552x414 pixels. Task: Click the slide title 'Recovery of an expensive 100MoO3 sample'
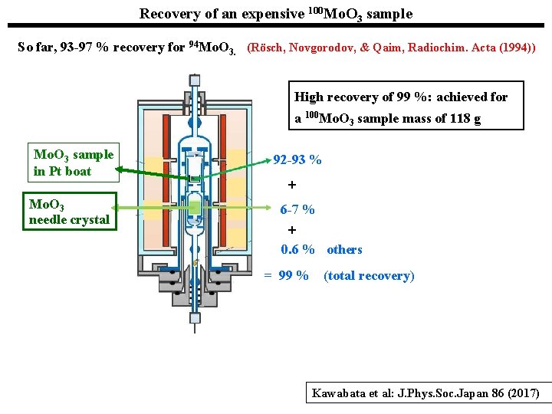[276, 14]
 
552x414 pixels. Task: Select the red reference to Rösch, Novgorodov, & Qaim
[391, 48]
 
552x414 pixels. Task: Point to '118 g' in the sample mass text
[464, 120]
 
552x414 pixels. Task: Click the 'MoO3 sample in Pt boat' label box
[73, 163]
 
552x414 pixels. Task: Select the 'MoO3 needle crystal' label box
[69, 212]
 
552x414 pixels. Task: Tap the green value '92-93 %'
[297, 160]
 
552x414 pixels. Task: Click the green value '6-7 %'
[297, 209]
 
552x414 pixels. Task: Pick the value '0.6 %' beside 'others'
[297, 250]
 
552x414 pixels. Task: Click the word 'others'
[344, 250]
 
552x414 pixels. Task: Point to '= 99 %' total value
[286, 276]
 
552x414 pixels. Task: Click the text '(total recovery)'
[369, 276]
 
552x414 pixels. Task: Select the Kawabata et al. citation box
[427, 394]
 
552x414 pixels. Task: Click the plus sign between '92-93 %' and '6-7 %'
[291, 185]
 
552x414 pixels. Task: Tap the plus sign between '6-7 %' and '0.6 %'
[291, 230]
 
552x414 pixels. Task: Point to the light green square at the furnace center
[195, 208]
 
